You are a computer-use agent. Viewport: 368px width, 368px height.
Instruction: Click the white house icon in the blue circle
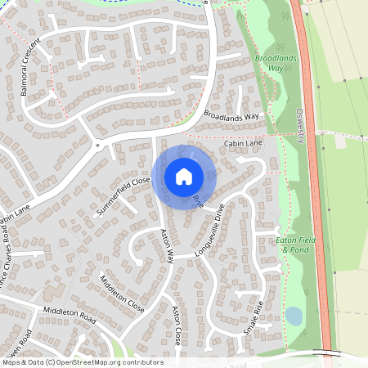184,176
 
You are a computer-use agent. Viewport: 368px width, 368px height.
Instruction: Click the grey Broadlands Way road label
231,116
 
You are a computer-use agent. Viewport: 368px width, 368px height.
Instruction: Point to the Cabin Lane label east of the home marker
242,142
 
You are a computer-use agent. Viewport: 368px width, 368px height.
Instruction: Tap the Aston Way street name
167,244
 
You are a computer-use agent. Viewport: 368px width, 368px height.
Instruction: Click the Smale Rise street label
254,319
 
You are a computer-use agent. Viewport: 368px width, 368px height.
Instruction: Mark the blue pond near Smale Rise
292,316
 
